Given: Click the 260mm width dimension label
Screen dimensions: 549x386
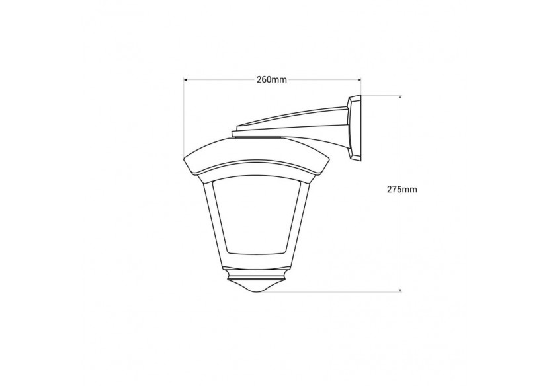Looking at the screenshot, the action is tap(272, 80).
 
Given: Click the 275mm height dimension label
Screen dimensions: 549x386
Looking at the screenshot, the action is tap(402, 189).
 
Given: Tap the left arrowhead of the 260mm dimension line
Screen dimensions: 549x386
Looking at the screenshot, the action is tap(187, 80).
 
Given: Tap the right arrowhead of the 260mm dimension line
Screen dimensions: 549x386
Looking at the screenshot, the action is tap(359, 80).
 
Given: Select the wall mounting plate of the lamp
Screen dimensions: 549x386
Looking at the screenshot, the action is tap(354, 128).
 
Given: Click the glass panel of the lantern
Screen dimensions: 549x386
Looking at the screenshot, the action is tap(257, 216).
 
